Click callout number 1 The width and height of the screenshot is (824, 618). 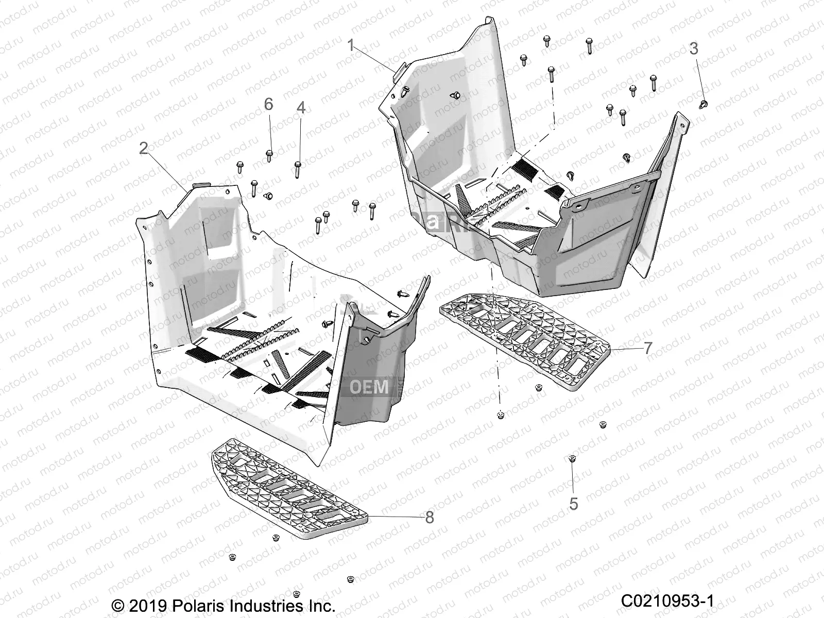(x=351, y=46)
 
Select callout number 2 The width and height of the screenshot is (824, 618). (x=144, y=148)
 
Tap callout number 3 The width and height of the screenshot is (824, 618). (x=694, y=49)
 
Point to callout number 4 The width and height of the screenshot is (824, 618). (x=301, y=108)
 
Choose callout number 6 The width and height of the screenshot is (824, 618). (x=268, y=105)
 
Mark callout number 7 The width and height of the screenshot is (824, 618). (x=648, y=348)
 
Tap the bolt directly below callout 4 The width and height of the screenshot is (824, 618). (x=298, y=167)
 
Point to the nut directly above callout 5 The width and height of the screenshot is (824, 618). (x=572, y=458)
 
